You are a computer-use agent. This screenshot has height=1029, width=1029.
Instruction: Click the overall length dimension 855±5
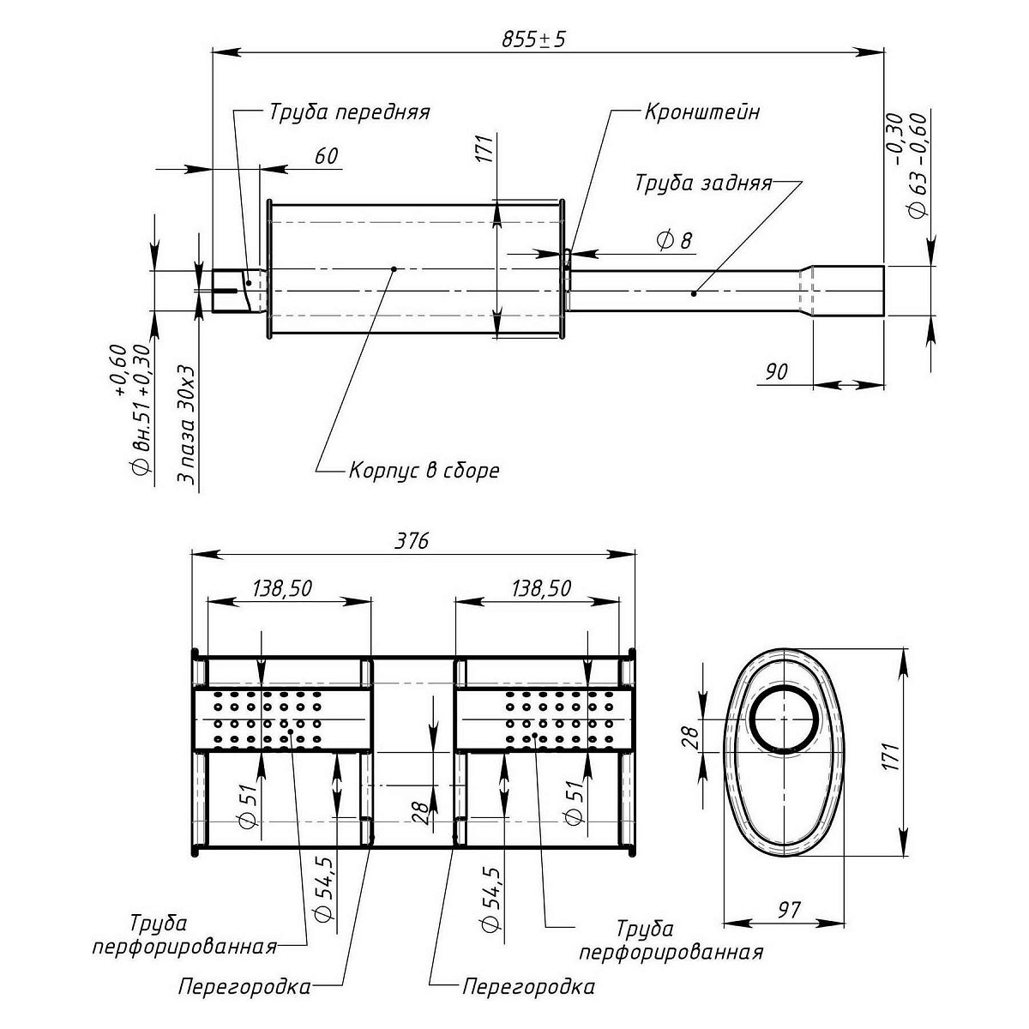coord(533,39)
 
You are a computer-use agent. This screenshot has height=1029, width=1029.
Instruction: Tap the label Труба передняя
coord(349,112)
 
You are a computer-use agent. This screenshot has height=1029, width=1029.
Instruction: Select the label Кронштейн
coord(701,112)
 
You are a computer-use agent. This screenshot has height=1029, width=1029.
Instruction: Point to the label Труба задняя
coord(703,184)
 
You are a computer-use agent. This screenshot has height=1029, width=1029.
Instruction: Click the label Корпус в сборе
coord(424,471)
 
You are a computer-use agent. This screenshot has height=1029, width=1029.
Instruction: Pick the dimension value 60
coord(327,156)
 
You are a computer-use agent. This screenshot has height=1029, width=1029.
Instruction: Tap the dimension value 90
coord(776,371)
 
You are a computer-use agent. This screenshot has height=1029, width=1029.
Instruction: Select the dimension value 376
coord(412,541)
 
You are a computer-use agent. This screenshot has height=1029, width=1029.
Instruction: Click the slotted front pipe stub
coord(230,292)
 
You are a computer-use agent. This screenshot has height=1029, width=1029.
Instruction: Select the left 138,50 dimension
coord(282,588)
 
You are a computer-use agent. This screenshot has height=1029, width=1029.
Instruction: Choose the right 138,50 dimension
coord(541,588)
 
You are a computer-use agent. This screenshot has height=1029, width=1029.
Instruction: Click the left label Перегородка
coord(244,987)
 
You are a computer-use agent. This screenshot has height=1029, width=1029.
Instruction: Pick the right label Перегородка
coord(528,987)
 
